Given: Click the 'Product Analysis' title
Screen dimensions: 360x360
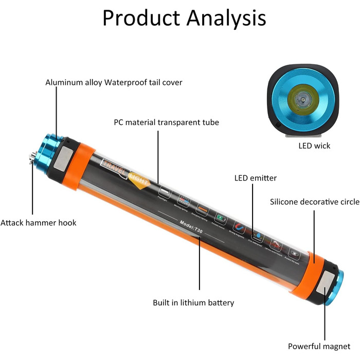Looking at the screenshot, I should (x=184, y=17).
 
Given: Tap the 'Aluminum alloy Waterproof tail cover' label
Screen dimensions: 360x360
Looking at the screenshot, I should (x=114, y=82).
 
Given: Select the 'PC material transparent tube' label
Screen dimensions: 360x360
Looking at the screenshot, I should (x=166, y=122).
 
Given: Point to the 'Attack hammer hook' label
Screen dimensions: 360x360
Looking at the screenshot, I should (x=39, y=223).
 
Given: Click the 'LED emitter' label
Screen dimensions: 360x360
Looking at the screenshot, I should (x=256, y=178).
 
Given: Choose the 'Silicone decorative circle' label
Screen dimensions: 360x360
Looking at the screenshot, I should (x=315, y=202).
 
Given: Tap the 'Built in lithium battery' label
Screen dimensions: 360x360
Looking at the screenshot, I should (x=193, y=302).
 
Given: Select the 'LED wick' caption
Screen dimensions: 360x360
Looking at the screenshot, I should (x=314, y=146).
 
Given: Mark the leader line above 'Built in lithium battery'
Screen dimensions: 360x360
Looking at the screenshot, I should (x=199, y=267).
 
